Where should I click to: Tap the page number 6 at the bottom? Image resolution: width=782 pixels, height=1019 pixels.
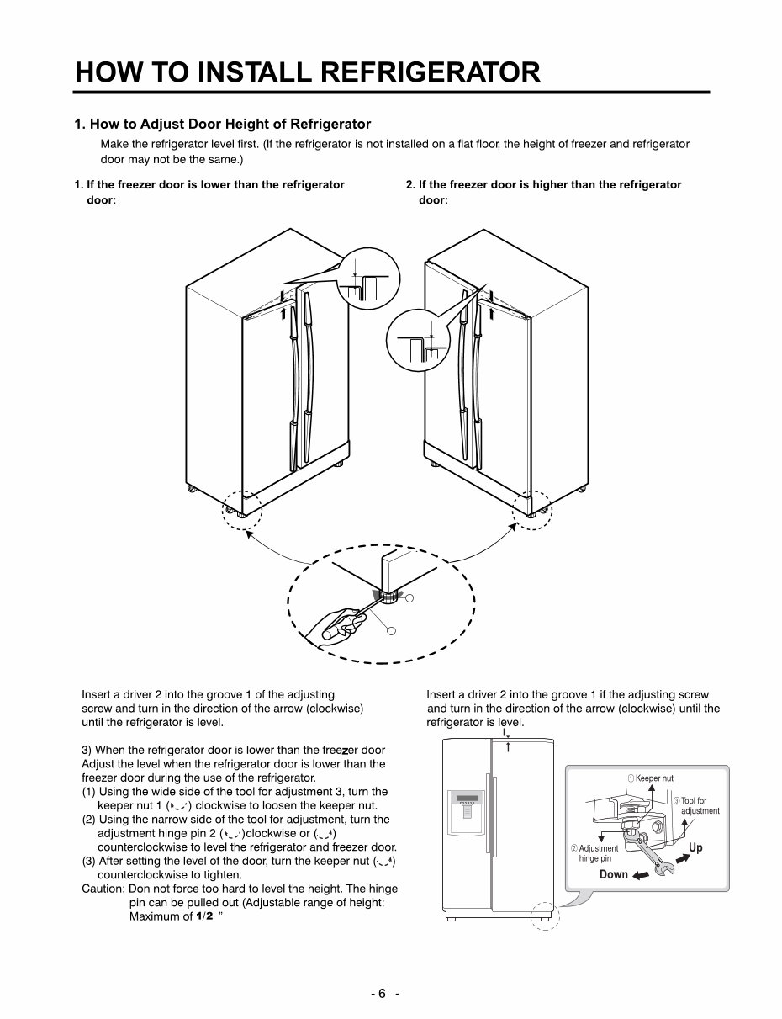pos(381,993)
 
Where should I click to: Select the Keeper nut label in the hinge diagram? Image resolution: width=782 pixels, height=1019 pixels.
pos(654,778)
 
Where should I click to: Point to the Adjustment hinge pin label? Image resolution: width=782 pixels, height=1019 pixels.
pos(598,853)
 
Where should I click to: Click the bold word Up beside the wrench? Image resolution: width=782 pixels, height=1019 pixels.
pos(695,847)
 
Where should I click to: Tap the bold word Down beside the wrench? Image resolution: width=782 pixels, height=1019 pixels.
pos(613,874)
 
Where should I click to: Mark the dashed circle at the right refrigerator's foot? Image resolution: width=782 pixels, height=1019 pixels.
pos(533,512)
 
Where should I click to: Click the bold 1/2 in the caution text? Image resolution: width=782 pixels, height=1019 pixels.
pos(204,916)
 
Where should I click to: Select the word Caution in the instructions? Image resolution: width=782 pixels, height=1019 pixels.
pos(102,889)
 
